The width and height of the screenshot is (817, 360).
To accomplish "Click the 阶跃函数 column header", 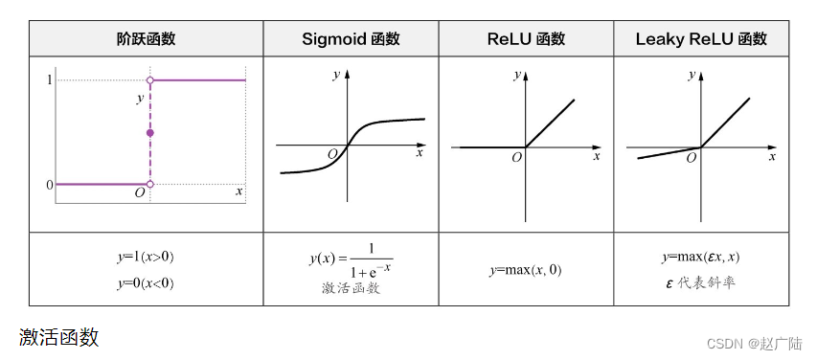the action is point(146,39).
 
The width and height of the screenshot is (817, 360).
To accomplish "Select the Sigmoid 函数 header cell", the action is point(351,39).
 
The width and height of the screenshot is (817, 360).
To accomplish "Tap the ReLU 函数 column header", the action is point(526,39).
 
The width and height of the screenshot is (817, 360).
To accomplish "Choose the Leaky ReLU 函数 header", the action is point(701,39).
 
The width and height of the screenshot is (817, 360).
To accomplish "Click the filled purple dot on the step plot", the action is point(149,132).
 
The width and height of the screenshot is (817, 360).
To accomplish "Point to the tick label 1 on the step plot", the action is point(49,80).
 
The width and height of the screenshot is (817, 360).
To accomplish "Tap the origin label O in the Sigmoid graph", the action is point(332,154).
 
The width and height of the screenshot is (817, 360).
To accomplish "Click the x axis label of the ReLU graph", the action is point(596,154).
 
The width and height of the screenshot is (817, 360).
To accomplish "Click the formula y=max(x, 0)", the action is point(525,270).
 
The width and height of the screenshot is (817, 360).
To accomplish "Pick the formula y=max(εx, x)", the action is point(701,258).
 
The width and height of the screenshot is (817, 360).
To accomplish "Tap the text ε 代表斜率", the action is point(701,283).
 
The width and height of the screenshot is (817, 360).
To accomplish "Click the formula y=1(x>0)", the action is point(146,258).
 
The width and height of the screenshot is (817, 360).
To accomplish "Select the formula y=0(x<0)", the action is point(146,283).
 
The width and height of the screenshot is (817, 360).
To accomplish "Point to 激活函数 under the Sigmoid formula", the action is point(351,287).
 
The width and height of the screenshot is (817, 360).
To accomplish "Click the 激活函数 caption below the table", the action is point(59,337).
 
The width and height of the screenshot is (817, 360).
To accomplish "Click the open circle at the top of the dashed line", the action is point(149,80).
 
